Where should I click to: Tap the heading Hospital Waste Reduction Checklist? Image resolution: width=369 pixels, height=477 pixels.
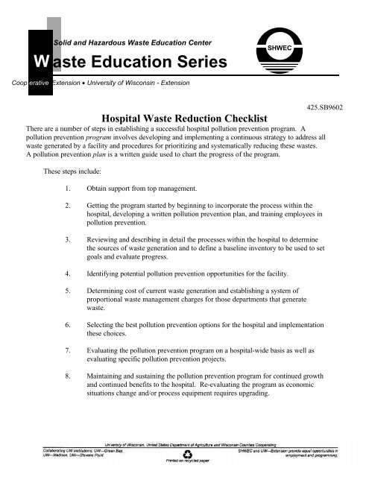(x=184, y=118)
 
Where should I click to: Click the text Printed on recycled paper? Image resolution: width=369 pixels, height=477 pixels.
(x=177, y=463)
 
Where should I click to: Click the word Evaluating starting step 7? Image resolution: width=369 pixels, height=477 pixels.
(x=105, y=358)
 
